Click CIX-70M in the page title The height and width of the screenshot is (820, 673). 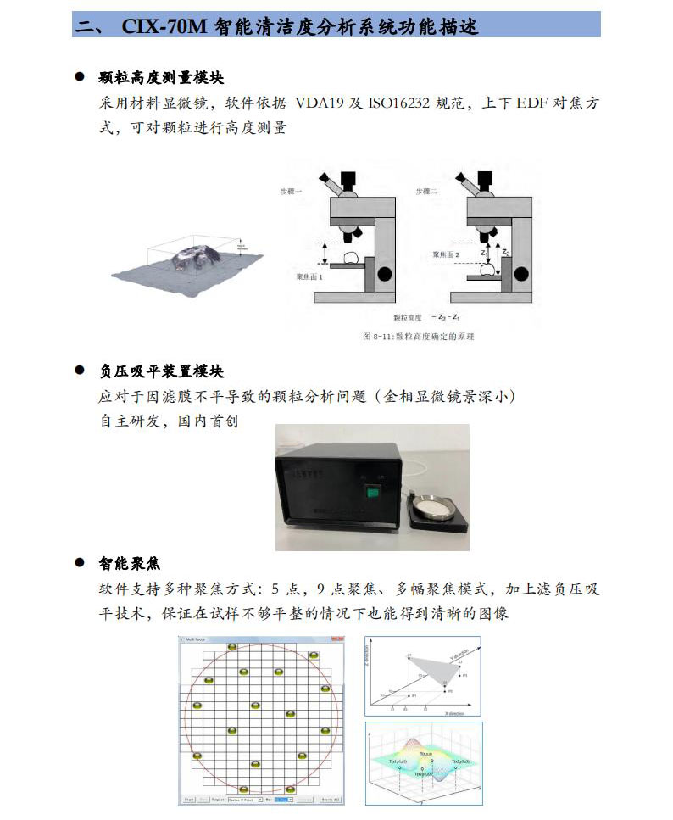tap(161, 25)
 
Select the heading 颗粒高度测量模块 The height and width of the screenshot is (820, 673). tap(161, 78)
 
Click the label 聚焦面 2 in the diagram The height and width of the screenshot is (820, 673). tap(445, 254)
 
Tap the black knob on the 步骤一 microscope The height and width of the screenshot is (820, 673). tap(386, 274)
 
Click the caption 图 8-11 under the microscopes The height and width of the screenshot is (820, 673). tap(418, 337)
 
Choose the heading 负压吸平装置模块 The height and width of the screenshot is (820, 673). tap(161, 371)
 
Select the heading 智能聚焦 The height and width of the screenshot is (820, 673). tap(129, 563)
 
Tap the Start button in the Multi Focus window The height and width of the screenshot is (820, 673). tap(189, 799)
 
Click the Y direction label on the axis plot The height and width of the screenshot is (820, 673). tap(463, 659)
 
